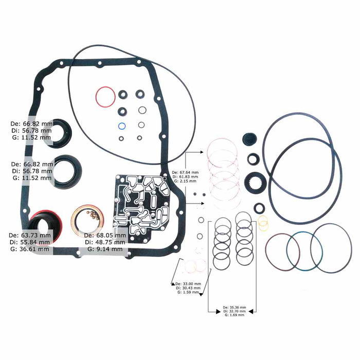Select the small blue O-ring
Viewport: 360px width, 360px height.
point(122,126)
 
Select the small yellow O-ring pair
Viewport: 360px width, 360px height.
point(263,223)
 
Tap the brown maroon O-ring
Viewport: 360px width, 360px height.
point(282,251)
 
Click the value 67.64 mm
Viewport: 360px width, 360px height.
point(187,172)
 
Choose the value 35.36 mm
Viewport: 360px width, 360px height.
point(237,307)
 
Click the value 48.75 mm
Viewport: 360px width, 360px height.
point(114,242)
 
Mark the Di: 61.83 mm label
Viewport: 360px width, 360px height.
point(185,176)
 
